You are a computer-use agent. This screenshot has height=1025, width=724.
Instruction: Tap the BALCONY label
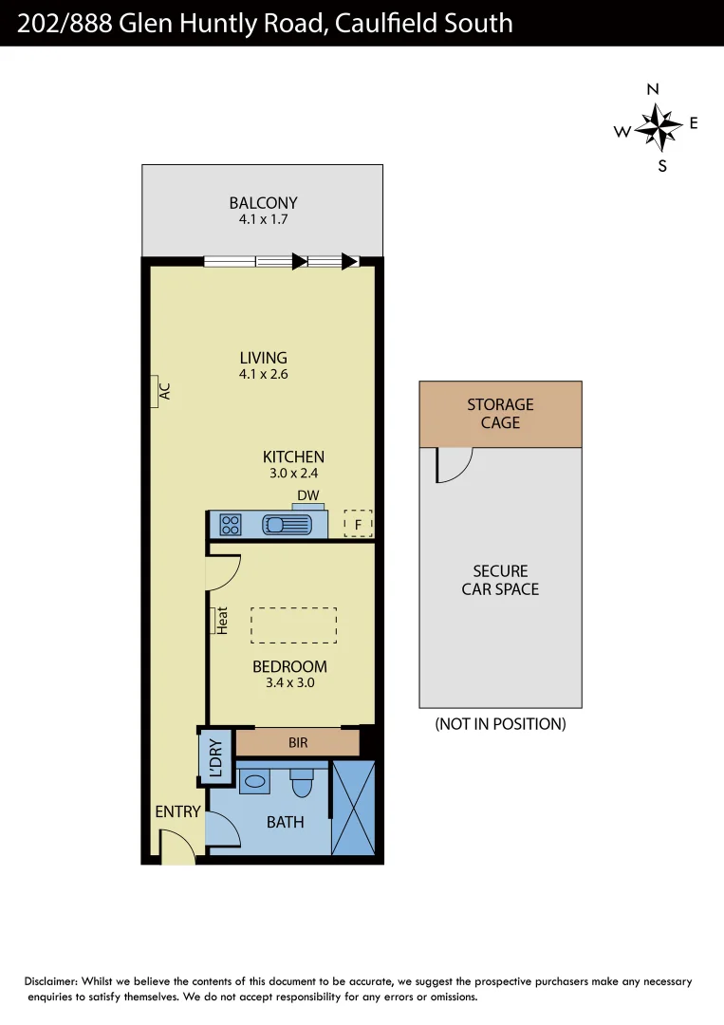pos(263,203)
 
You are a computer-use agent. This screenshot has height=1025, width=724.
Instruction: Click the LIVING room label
pos(263,358)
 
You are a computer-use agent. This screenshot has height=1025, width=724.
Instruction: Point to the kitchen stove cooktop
pos(230,524)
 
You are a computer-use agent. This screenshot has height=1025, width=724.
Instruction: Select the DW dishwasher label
pos(307,495)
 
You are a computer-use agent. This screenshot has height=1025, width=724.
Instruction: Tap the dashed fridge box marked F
pos(357,523)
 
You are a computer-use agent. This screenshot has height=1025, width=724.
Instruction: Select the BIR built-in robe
pos(298,742)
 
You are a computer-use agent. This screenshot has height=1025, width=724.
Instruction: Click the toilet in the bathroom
pos(302,784)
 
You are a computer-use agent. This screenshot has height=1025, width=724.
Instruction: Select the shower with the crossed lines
pos(354,807)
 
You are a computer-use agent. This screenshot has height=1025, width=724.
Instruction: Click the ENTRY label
pos(177,811)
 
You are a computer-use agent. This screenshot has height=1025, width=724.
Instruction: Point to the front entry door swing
pos(176,847)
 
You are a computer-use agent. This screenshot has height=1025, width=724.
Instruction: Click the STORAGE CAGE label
pos(500,414)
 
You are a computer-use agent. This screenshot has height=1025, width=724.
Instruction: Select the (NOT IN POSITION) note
pos(500,724)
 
